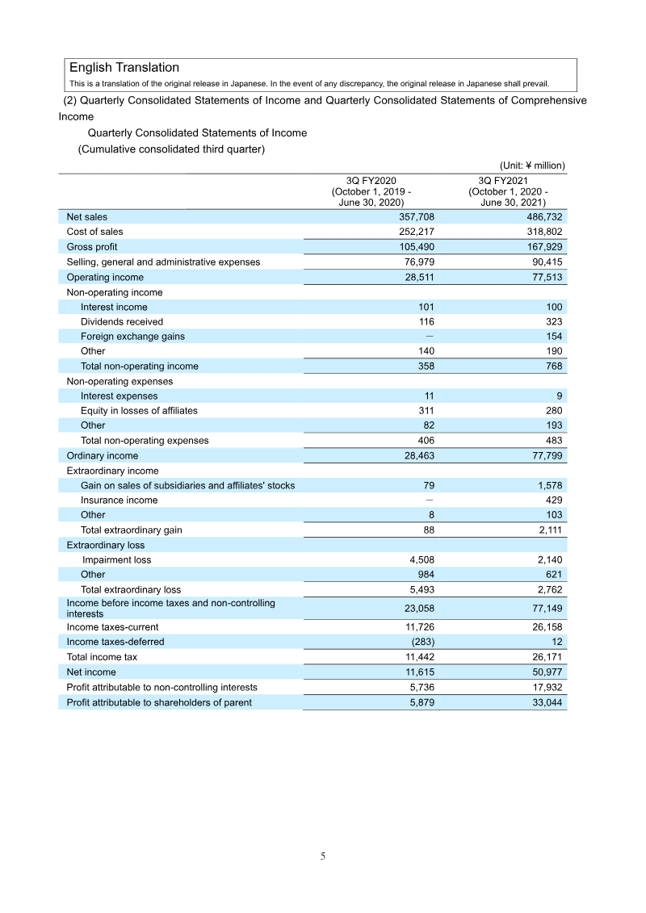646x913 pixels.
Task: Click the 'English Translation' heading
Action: (x=124, y=68)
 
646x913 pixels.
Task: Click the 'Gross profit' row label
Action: (x=92, y=246)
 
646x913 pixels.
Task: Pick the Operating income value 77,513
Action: (x=546, y=277)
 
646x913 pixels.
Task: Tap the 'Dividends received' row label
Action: (x=121, y=321)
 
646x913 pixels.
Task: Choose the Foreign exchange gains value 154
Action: (x=553, y=336)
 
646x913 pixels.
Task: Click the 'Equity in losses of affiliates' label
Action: (x=139, y=411)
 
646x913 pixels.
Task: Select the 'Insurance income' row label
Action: (x=119, y=500)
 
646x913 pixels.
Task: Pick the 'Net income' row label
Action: (x=91, y=672)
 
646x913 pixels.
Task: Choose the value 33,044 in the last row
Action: (x=546, y=702)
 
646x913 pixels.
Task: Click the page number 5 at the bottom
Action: (x=323, y=856)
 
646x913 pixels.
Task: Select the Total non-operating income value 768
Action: (x=553, y=366)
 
